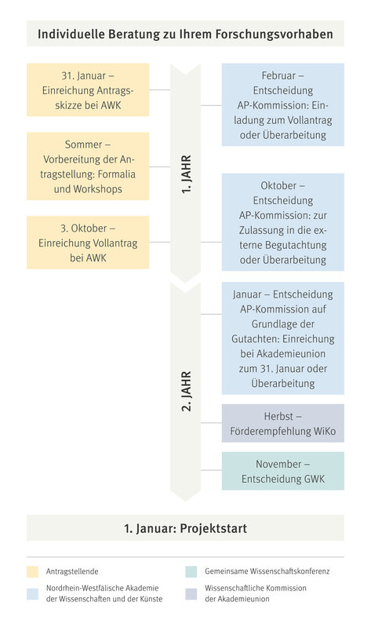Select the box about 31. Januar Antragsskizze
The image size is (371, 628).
pyautogui.click(x=88, y=89)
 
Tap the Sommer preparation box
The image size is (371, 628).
pyautogui.click(x=88, y=166)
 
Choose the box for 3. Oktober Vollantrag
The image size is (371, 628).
pyautogui.click(x=88, y=243)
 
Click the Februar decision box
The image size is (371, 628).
pyautogui.click(x=283, y=104)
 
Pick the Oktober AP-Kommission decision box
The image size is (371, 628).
pyautogui.click(x=283, y=222)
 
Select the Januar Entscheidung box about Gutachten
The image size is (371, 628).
pyautogui.click(x=283, y=338)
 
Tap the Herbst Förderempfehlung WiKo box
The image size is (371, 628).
pyautogui.click(x=283, y=423)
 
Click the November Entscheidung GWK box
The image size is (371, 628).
pyautogui.click(x=283, y=471)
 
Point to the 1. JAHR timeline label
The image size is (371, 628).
pyautogui.click(x=187, y=174)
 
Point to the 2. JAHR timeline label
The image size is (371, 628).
pyautogui.click(x=187, y=391)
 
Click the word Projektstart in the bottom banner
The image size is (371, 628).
pyautogui.click(x=213, y=528)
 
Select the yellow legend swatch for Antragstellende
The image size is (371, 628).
pyautogui.click(x=32, y=571)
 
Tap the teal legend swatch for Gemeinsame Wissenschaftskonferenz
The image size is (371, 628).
pyautogui.click(x=191, y=571)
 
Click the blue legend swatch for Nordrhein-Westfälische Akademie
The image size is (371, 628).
pyautogui.click(x=32, y=594)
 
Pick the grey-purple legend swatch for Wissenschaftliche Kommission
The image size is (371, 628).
pyautogui.click(x=191, y=594)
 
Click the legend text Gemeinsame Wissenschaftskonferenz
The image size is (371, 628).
pyautogui.click(x=267, y=571)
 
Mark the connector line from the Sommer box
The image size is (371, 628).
pyautogui.click(x=160, y=167)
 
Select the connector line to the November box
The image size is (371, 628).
pyautogui.click(x=211, y=470)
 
